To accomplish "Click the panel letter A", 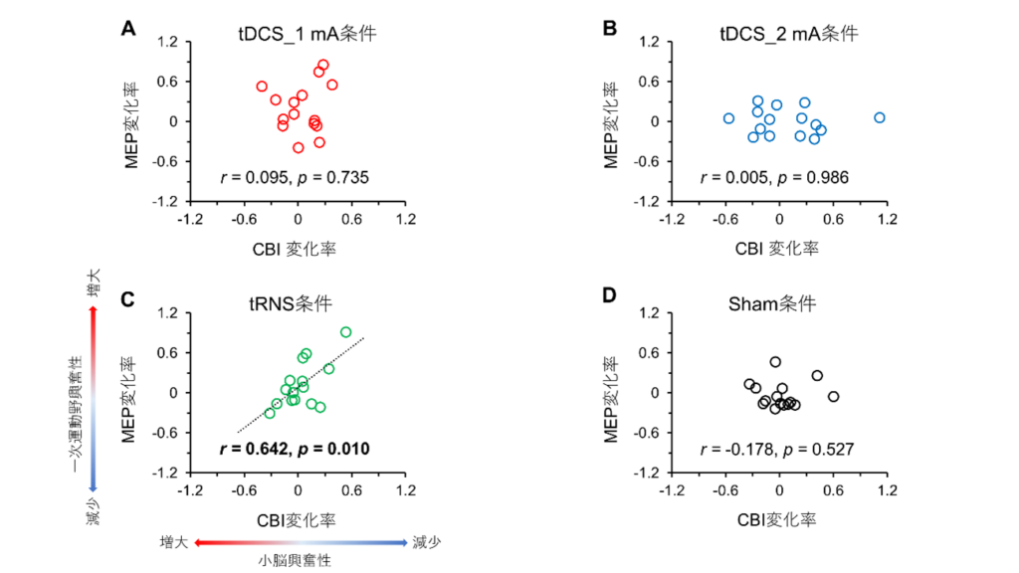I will click(x=127, y=28).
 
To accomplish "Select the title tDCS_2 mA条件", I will click(x=789, y=34).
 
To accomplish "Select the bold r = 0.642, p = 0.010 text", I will click(x=294, y=450).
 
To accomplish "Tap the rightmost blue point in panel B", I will click(x=880, y=117).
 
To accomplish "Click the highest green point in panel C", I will click(x=345, y=332).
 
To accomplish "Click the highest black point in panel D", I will click(x=775, y=362).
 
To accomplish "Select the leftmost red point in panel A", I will click(x=262, y=87).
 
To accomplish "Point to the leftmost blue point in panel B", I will click(x=728, y=118).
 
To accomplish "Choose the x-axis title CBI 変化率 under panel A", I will click(x=296, y=249).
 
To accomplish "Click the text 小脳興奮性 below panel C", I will click(x=296, y=560).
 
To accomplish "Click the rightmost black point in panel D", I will click(x=834, y=397).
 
